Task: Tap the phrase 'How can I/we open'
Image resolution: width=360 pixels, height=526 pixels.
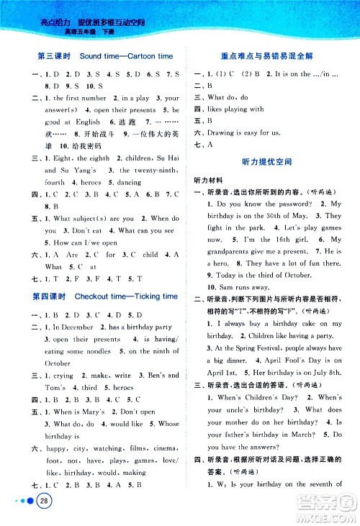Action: (x=82, y=242)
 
